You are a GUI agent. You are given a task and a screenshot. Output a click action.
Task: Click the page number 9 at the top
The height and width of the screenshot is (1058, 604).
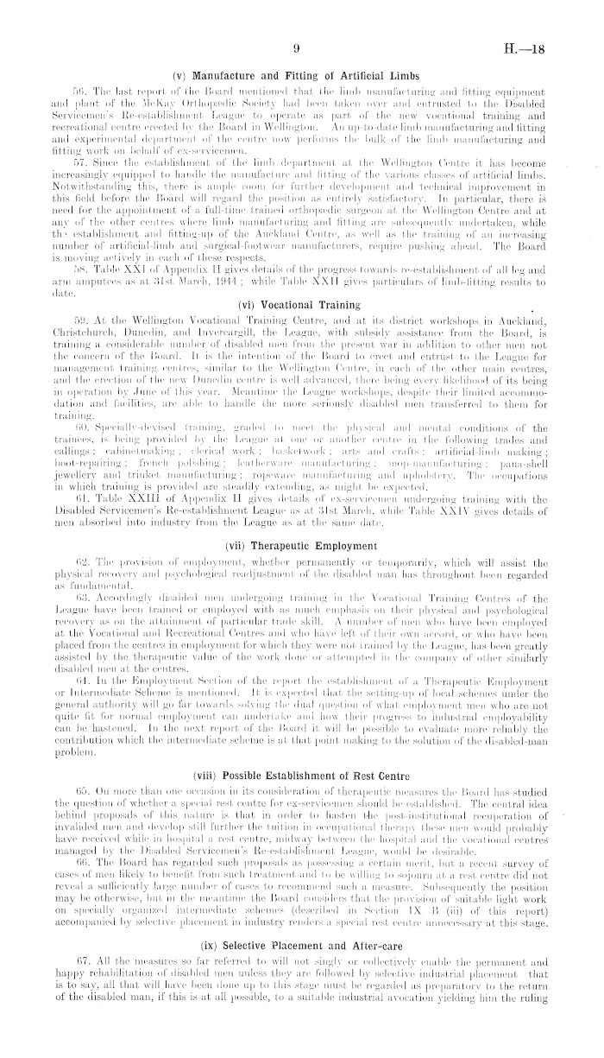295,50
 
